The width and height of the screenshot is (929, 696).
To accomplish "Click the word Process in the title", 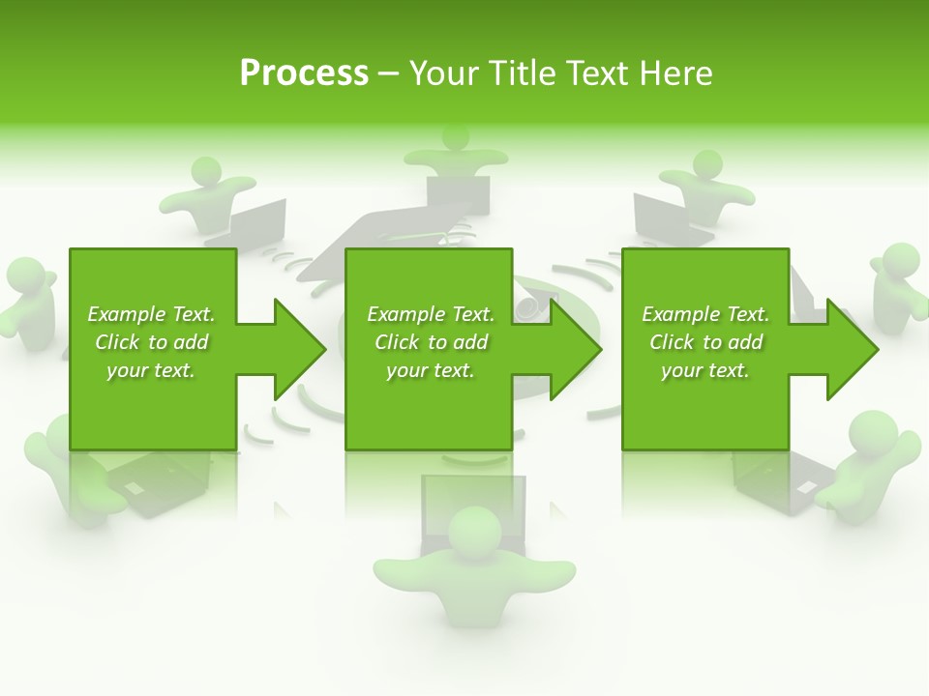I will click(x=304, y=73).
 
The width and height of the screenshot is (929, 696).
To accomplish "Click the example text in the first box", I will click(x=151, y=342).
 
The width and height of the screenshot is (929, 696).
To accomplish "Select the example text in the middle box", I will click(x=431, y=342).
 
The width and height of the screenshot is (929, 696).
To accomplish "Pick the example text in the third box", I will click(x=705, y=342).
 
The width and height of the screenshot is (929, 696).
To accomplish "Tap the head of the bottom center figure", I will click(x=475, y=531).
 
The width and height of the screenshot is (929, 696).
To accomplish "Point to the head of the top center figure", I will click(x=456, y=136).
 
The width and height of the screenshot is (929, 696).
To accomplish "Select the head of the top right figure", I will click(x=707, y=163).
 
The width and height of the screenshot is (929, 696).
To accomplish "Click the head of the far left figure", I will click(x=25, y=275).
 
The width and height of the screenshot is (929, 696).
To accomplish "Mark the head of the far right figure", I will click(x=901, y=260).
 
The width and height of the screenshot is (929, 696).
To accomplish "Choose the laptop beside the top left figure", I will click(x=254, y=221).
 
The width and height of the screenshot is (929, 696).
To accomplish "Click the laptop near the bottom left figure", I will click(x=155, y=482).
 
